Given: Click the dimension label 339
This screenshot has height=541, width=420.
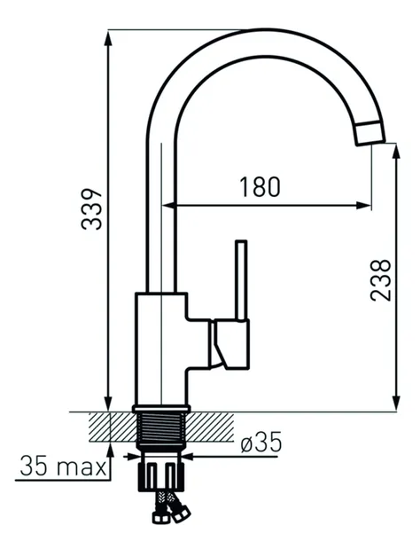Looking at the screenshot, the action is click(x=92, y=209).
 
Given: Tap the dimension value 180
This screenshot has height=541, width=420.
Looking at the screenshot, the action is click(x=260, y=187).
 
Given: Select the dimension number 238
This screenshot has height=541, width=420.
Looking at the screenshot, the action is click(x=381, y=280).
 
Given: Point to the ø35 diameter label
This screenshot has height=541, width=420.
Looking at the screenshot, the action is click(x=261, y=442).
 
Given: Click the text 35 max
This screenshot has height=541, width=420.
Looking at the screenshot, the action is click(x=63, y=466).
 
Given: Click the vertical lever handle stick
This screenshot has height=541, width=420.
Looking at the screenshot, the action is click(x=241, y=280).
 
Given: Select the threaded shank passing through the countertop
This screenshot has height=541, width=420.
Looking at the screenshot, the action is click(x=161, y=427).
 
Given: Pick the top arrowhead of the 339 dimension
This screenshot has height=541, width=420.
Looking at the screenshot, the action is click(x=108, y=37).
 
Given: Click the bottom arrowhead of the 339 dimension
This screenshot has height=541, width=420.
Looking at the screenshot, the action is click(x=108, y=404).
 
